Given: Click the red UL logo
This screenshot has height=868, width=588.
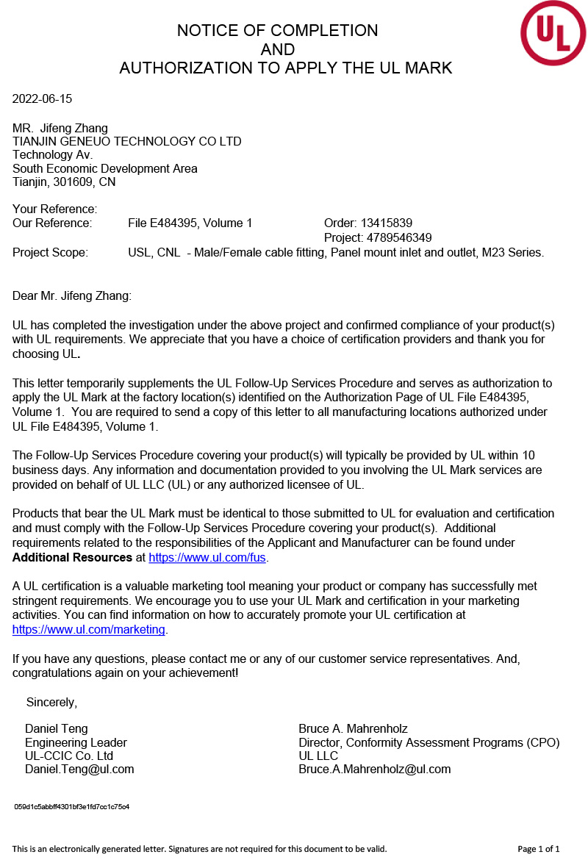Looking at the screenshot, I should tap(553, 33).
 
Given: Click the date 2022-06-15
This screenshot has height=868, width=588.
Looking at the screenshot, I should tap(43, 99).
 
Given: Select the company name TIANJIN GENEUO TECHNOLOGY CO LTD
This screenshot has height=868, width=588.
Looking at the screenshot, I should tap(127, 142).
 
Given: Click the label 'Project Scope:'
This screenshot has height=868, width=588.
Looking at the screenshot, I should tap(50, 253).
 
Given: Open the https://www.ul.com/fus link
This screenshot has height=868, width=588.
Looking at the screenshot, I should tap(207, 558).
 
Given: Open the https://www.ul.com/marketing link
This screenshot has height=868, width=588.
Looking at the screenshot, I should tap(89, 630).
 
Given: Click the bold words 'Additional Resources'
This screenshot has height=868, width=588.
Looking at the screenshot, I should tap(72, 558).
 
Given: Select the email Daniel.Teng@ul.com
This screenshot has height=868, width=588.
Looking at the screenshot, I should tap(79, 770).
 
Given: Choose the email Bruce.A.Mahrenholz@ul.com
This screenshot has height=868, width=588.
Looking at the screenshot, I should tap(374, 770).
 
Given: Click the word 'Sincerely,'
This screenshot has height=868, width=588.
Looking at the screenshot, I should tap(51, 703).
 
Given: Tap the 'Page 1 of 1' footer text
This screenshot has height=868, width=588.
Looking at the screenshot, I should tap(539, 850).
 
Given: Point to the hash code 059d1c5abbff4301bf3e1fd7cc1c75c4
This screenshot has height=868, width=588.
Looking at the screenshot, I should tap(72, 807).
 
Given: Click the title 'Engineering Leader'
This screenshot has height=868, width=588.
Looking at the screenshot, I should tap(76, 743).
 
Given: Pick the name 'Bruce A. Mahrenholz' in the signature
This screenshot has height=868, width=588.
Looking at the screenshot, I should tap(353, 729).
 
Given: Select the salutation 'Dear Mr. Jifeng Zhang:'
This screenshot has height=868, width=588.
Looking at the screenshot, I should tap(72, 296).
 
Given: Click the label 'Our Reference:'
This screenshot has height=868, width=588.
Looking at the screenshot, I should tap(52, 223).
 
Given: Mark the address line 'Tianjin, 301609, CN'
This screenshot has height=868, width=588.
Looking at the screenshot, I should tap(64, 182).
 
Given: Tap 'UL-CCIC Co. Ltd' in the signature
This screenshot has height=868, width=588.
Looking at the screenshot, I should tap(69, 756).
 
